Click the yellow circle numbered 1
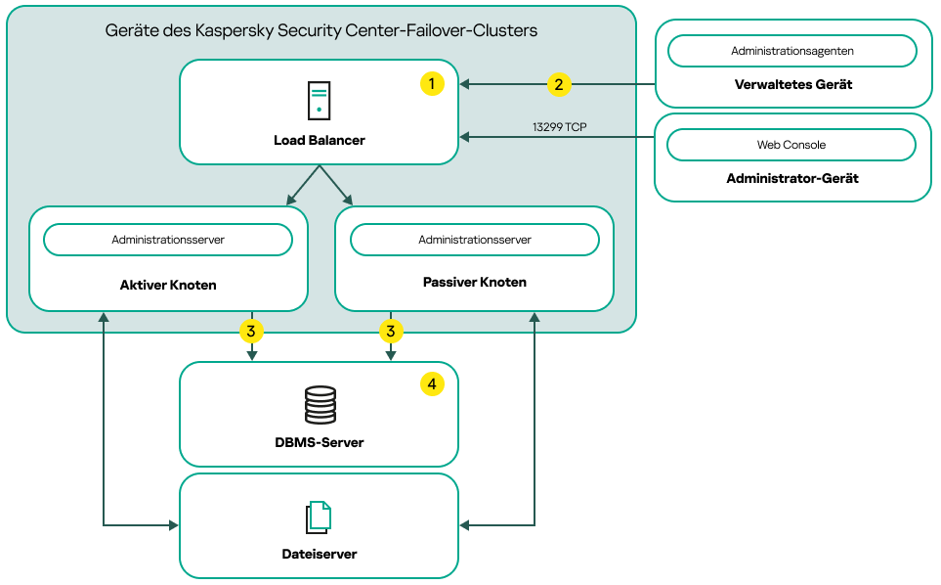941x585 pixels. (432, 84)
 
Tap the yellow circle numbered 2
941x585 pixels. (558, 84)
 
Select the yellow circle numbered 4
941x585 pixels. (432, 384)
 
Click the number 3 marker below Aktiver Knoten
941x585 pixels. (251, 332)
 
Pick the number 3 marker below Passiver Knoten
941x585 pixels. (391, 332)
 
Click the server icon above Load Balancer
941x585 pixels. (319, 101)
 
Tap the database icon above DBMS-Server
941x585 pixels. (320, 404)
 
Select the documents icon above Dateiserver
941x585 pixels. (319, 517)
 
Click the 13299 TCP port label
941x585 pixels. (559, 127)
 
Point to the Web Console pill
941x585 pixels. (791, 145)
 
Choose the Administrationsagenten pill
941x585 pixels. (791, 50)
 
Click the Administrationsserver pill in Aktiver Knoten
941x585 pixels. (168, 240)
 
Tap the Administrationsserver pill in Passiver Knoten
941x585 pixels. (475, 240)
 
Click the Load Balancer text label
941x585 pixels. (319, 141)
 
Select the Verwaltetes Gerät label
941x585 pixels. (792, 85)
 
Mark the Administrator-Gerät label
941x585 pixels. (792, 179)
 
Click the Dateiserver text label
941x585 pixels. (319, 554)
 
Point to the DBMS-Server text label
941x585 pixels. (319, 442)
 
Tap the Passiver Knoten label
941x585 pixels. (475, 283)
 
